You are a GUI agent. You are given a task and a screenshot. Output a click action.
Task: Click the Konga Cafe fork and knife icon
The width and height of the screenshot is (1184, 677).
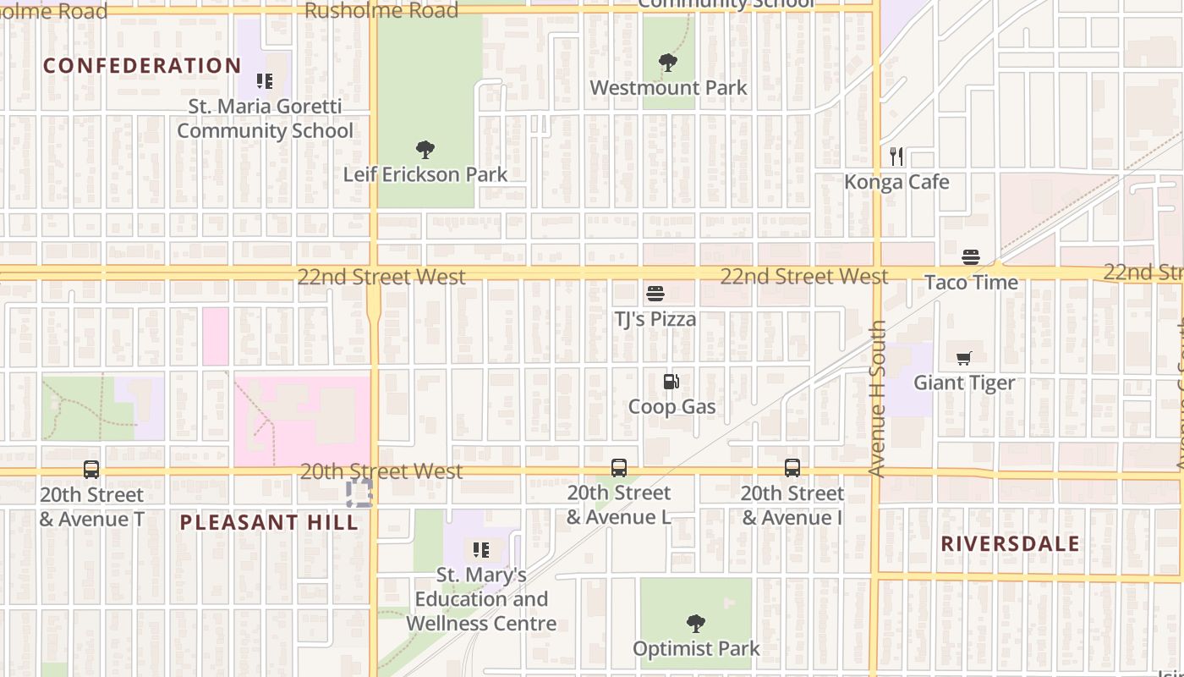pyautogui.click(x=896, y=157)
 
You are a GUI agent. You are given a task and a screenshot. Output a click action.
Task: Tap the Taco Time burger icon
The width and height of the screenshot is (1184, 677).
pyautogui.click(x=971, y=257)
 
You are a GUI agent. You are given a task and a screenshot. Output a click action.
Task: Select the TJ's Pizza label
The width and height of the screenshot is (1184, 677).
pyautogui.click(x=655, y=319)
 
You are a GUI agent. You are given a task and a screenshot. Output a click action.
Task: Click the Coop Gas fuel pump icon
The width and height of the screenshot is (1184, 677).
pyautogui.click(x=671, y=382)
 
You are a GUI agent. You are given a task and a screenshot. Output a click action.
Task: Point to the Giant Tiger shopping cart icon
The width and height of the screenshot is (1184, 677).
pyautogui.click(x=964, y=358)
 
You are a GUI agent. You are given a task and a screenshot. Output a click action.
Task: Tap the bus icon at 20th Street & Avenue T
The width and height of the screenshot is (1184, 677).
pyautogui.click(x=91, y=469)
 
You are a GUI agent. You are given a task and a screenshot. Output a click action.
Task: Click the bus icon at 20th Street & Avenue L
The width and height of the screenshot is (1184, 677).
pyautogui.click(x=619, y=468)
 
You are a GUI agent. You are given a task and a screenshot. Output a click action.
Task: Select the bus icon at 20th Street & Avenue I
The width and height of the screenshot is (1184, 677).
pyautogui.click(x=792, y=468)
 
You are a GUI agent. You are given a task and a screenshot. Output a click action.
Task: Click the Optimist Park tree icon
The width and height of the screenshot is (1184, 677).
pyautogui.click(x=696, y=625)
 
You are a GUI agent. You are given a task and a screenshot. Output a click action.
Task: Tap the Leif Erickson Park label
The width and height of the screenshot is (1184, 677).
pyautogui.click(x=425, y=174)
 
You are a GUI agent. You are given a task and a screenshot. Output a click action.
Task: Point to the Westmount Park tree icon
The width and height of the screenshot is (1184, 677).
pyautogui.click(x=668, y=63)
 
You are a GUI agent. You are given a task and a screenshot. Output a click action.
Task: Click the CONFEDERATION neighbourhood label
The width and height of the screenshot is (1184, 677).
pyautogui.click(x=142, y=65)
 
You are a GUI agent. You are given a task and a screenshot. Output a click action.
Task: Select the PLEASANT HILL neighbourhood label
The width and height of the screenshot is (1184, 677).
pyautogui.click(x=269, y=522)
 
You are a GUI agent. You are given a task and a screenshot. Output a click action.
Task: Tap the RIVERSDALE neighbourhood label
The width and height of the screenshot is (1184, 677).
pyautogui.click(x=1011, y=543)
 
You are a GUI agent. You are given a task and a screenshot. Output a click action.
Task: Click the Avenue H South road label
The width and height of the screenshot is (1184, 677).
pyautogui.click(x=877, y=398)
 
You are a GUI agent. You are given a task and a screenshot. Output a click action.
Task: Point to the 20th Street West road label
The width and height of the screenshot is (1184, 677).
pyautogui.click(x=381, y=471)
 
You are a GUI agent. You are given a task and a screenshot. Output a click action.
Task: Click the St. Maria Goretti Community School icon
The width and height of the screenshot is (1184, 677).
pyautogui.click(x=265, y=81)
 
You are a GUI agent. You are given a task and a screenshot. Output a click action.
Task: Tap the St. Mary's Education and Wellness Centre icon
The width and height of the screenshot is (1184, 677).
pyautogui.click(x=481, y=551)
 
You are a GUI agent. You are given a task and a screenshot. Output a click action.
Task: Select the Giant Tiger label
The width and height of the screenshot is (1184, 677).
pyautogui.click(x=964, y=383)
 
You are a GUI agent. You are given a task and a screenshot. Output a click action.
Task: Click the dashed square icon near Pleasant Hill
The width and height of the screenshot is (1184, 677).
pyautogui.click(x=359, y=493)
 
